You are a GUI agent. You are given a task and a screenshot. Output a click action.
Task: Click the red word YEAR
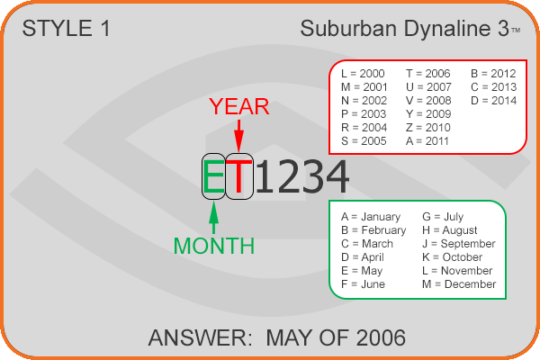tap(238, 106)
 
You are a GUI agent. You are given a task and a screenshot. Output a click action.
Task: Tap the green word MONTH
tap(214, 246)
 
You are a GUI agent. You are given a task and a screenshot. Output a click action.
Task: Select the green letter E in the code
tap(213, 176)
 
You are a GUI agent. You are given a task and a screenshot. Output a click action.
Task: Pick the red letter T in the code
tap(239, 176)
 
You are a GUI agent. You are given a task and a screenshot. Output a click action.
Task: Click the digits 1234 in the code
tap(302, 176)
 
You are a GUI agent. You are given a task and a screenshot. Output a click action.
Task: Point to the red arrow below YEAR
tap(238, 135)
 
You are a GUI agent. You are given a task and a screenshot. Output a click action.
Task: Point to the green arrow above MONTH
tap(214, 218)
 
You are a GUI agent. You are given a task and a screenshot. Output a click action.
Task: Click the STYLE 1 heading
tap(66, 28)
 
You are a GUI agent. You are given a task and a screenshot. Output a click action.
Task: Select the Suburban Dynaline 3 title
tap(405, 28)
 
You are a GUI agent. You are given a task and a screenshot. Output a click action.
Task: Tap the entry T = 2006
tap(428, 74)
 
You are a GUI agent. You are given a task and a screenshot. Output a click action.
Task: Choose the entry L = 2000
tap(363, 74)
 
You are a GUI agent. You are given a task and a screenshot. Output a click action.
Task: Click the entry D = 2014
tap(493, 101)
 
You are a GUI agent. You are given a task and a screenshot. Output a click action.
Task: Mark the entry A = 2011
tap(427, 141)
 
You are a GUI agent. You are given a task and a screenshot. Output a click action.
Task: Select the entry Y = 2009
tap(428, 114)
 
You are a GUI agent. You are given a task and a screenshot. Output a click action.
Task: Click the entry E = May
tap(362, 271)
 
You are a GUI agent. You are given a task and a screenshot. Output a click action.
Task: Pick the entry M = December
tap(459, 284)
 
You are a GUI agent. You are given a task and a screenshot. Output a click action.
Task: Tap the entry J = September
tap(459, 244)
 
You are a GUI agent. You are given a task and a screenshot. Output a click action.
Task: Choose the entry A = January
tap(371, 217)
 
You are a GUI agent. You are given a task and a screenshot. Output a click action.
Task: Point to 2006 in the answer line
tap(381, 337)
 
